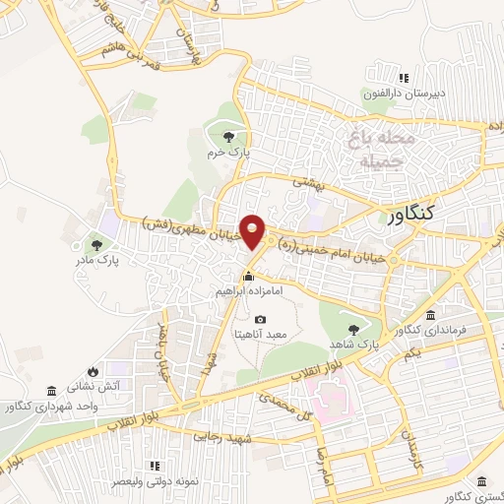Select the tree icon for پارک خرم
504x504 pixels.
(228, 136)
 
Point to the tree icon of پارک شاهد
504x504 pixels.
(353, 329)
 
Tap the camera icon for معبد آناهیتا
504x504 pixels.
(260, 319)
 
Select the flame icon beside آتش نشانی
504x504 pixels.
(92, 371)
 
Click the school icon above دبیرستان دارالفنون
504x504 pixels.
(402, 78)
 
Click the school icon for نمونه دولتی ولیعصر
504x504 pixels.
(154, 466)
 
